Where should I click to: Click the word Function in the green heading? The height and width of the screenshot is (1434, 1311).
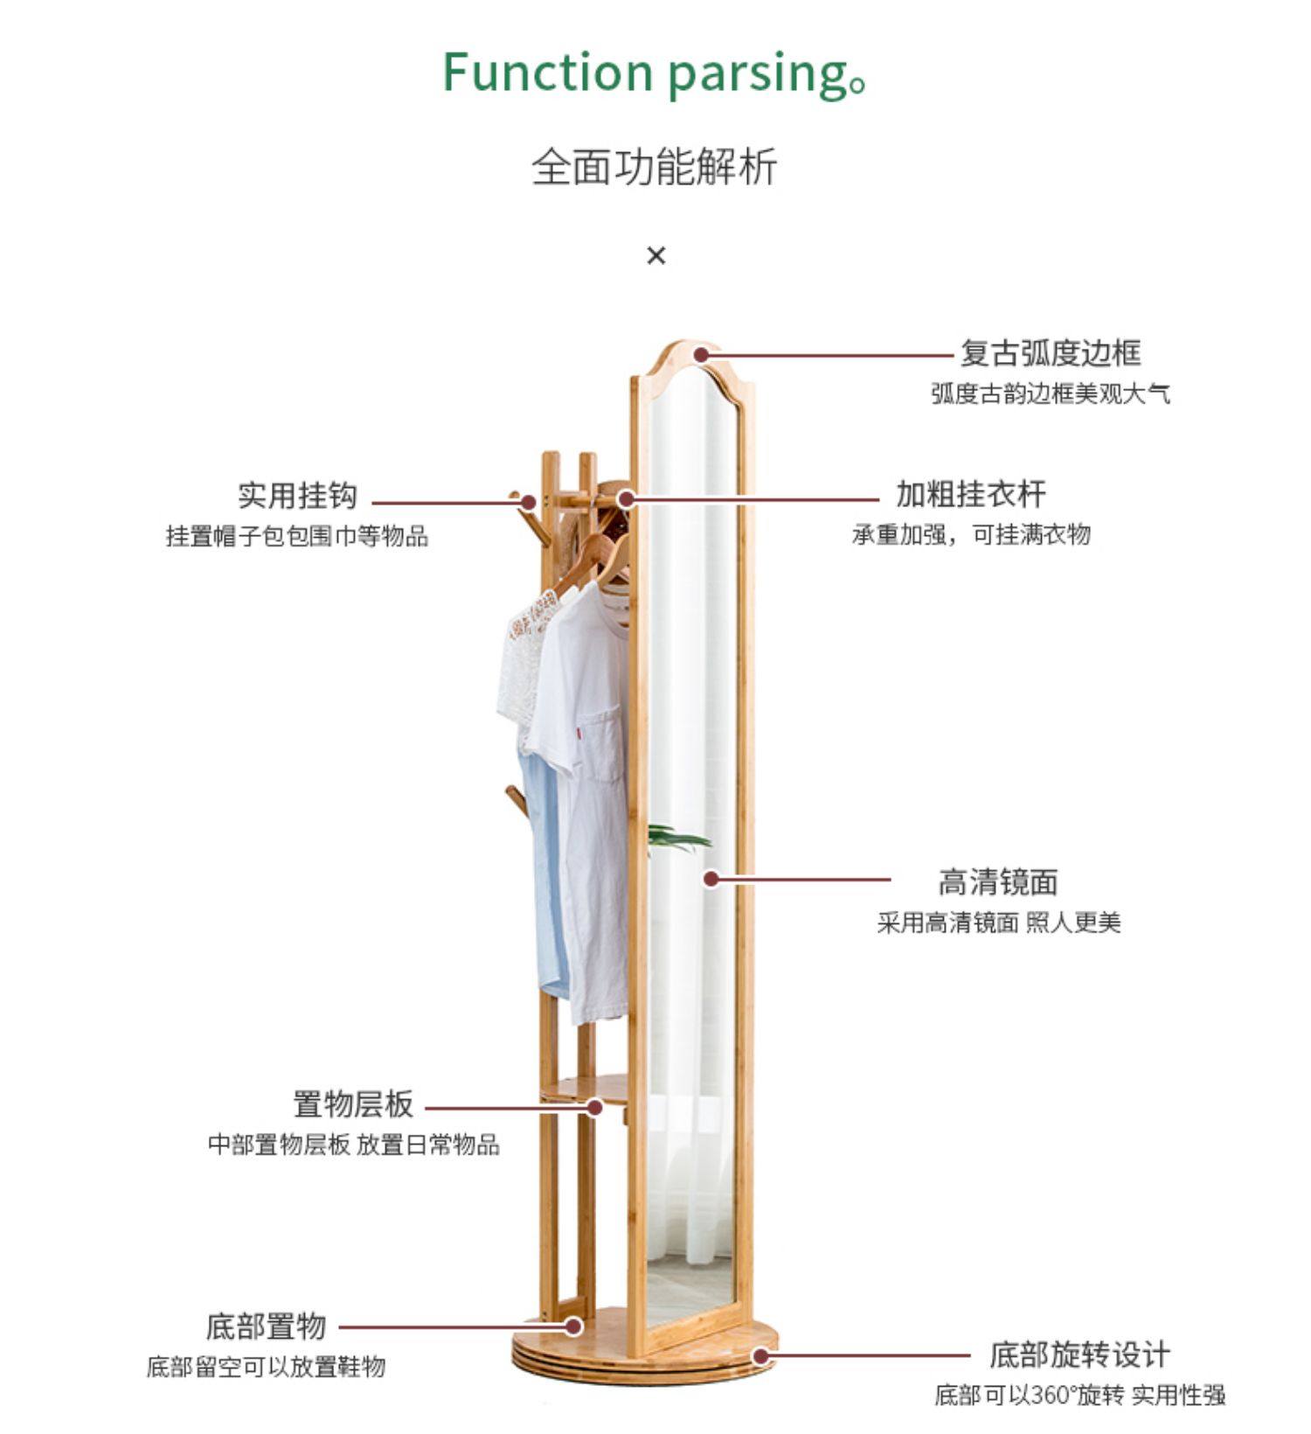click(x=548, y=72)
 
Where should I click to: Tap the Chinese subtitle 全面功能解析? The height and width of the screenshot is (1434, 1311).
click(x=654, y=167)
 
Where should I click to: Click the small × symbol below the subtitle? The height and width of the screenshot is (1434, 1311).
click(x=655, y=255)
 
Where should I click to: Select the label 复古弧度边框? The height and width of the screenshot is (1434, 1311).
click(x=1051, y=353)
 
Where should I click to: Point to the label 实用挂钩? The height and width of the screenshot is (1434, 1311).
click(x=297, y=496)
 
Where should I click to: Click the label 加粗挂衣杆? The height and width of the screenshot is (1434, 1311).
click(x=970, y=494)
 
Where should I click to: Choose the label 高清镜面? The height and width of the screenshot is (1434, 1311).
click(x=997, y=881)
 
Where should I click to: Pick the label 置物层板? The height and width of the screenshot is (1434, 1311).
click(x=352, y=1104)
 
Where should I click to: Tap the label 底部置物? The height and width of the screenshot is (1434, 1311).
click(x=266, y=1326)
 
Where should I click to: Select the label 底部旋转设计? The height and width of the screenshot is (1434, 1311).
click(x=1079, y=1354)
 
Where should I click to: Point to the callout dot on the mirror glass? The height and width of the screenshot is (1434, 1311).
click(x=711, y=878)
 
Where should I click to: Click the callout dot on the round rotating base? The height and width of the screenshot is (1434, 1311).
click(x=761, y=1356)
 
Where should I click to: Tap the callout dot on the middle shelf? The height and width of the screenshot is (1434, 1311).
click(x=594, y=1107)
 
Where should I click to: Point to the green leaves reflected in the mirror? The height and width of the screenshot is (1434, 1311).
click(x=677, y=839)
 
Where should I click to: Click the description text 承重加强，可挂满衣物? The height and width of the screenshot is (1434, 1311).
click(x=971, y=534)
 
